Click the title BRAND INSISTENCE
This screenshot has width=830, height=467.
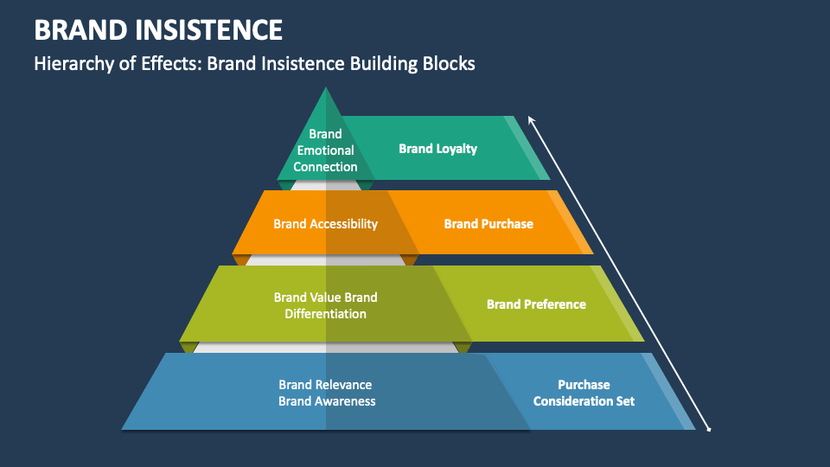[158, 30]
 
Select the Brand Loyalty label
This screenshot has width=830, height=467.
[437, 149]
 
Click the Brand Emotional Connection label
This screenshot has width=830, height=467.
[325, 150]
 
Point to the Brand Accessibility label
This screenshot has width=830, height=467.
[325, 224]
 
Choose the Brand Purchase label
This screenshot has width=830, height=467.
[488, 224]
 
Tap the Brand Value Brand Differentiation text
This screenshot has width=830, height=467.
[325, 305]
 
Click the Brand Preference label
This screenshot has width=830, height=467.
[536, 304]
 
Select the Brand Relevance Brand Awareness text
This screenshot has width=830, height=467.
[326, 393]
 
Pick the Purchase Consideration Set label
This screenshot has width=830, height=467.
[584, 393]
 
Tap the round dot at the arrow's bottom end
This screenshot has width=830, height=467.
[710, 429]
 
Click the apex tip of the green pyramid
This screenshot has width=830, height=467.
[325, 89]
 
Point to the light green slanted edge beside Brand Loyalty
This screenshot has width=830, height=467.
[527, 149]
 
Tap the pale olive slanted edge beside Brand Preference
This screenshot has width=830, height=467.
[620, 304]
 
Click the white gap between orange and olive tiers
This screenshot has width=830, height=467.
[325, 259]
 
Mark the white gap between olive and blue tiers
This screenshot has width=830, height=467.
[325, 347]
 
